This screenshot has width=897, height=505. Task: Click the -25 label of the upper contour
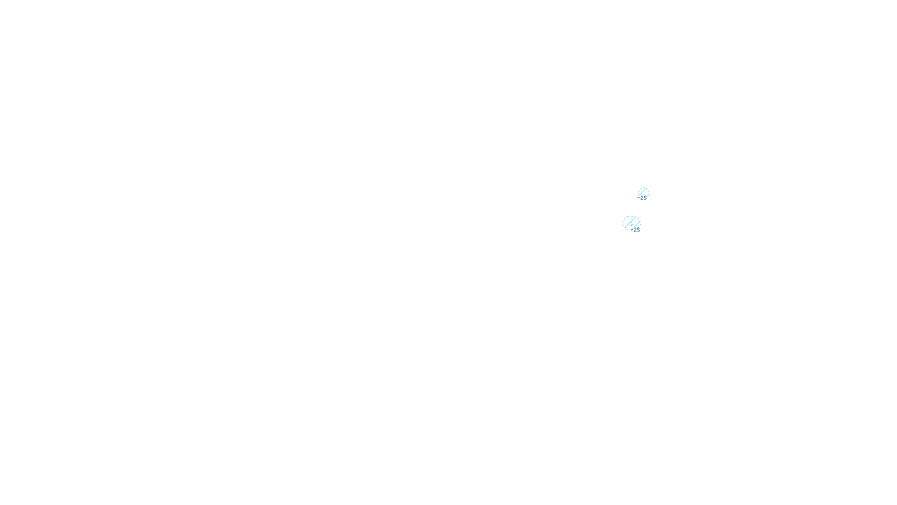pos(643,198)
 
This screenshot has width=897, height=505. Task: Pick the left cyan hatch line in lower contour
pos(630,222)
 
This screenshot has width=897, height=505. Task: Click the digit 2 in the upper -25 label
pos(642,198)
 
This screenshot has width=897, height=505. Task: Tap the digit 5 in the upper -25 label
pos(645,198)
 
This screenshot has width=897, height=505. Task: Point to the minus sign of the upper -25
pos(639,198)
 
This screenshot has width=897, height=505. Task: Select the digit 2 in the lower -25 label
pos(635,229)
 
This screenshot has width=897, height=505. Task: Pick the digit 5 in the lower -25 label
pos(638,229)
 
